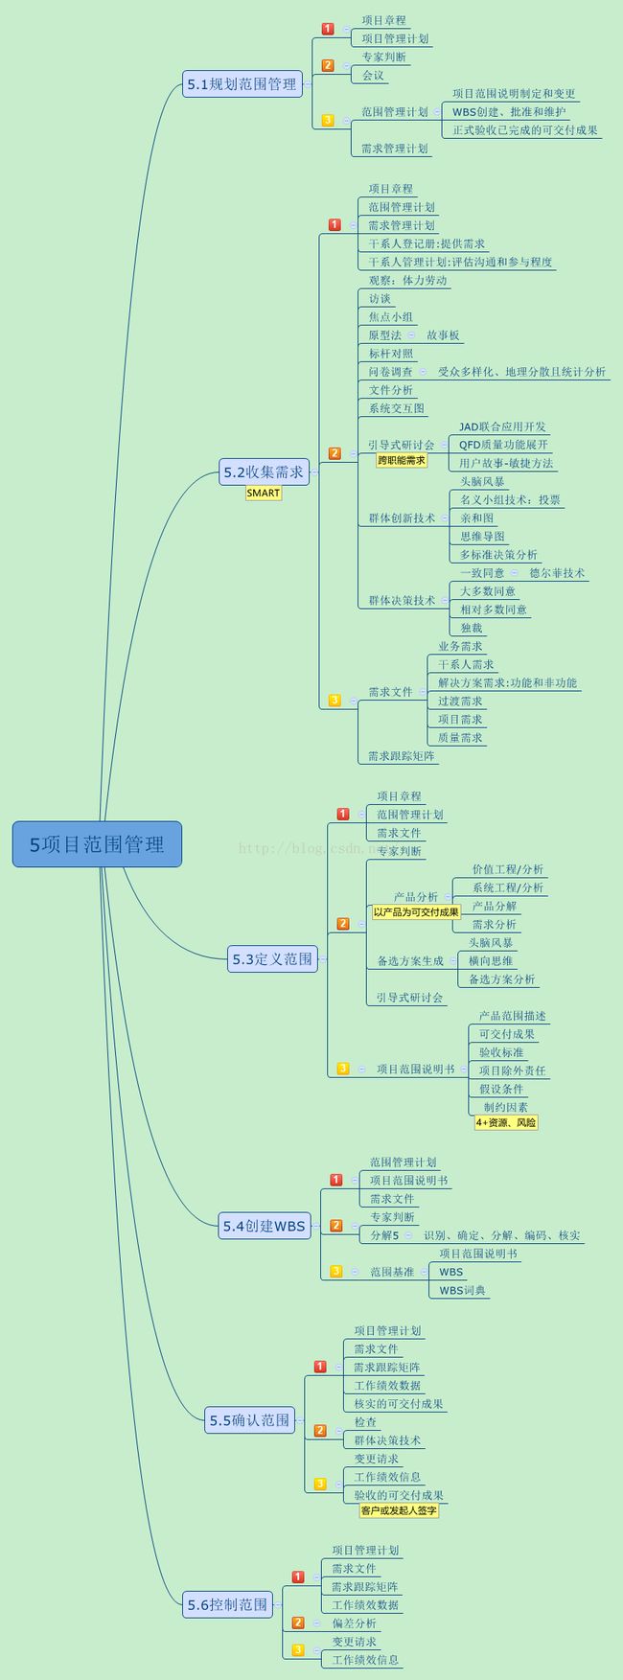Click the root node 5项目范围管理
tap(97, 844)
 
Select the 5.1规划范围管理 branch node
tap(242, 84)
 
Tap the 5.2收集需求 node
tap(264, 472)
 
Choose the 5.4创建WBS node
tap(264, 1226)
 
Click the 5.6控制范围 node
tap(227, 1604)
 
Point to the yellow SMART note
tap(264, 493)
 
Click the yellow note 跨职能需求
tap(402, 461)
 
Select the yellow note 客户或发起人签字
tap(399, 1510)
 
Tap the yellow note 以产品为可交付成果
tap(416, 912)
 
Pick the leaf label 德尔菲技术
tap(557, 573)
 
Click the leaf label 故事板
tap(444, 335)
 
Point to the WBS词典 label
tap(462, 1290)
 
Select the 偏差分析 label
tap(355, 1623)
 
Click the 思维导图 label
tap(482, 537)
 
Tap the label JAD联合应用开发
tap(502, 426)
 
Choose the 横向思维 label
tap(491, 960)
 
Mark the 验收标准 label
tap(501, 1052)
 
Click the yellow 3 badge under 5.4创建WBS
tap(336, 1272)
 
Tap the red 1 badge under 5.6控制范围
tap(298, 1576)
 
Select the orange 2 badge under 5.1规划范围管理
tap(328, 66)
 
